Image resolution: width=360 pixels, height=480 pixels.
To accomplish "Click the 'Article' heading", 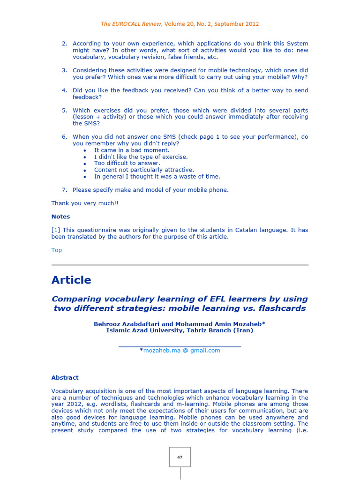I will [x=71, y=280].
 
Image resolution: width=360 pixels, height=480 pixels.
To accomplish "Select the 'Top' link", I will [x=56, y=250].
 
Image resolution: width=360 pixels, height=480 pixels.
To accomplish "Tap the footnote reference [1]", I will [x=56, y=230].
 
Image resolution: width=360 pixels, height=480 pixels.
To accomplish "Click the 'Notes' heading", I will [x=60, y=217].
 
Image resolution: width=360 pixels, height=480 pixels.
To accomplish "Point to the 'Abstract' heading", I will [x=65, y=377].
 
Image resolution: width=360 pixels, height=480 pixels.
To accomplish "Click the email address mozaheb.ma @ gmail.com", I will [x=181, y=350].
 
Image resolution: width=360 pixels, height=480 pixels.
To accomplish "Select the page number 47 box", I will [x=180, y=457].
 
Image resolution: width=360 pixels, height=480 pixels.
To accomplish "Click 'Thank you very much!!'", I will [x=85, y=203].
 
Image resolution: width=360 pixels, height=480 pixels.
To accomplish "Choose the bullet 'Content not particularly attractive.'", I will [x=144, y=170].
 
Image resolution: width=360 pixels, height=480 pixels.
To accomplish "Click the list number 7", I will [x=64, y=190].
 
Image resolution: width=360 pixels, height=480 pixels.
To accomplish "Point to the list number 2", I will [x=64, y=44].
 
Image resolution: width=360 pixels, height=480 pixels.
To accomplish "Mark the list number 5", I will [x=64, y=111].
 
